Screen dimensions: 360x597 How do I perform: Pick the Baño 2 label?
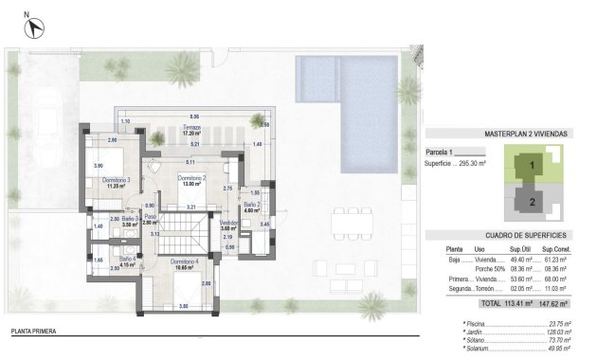(x=251, y=205)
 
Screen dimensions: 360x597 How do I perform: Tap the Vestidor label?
(x=227, y=223)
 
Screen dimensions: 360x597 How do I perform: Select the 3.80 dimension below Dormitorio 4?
(x=183, y=306)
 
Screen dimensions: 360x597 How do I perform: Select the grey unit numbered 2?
(x=532, y=201)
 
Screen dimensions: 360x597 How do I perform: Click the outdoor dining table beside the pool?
(x=352, y=225)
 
